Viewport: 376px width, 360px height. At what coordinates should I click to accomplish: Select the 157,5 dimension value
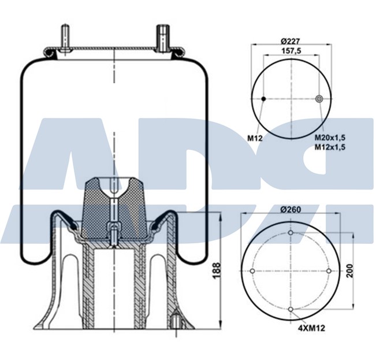coord(291,50)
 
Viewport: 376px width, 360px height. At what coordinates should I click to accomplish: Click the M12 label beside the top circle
coord(255,138)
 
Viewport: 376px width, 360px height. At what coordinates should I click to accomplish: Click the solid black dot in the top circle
coord(263,99)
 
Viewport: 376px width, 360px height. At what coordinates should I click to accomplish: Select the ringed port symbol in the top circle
coord(318,99)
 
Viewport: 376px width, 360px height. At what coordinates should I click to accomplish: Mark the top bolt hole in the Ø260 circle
coord(291,233)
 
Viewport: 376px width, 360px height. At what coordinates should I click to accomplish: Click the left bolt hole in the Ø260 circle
coord(252,271)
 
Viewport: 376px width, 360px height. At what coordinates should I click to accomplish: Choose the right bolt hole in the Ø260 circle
coord(329,271)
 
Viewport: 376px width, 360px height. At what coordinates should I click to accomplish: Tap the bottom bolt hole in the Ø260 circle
coord(291,309)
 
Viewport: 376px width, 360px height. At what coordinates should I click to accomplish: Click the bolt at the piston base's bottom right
coord(174,319)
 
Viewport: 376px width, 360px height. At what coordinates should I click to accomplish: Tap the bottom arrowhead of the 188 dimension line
coord(221,325)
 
